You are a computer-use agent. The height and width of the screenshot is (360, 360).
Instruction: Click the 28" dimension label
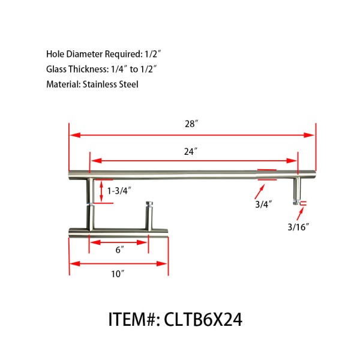(191, 124)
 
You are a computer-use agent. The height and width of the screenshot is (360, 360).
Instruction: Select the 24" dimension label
(191, 152)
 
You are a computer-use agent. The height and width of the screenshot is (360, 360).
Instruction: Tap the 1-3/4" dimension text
(119, 190)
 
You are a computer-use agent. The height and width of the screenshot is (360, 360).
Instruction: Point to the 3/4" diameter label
(263, 204)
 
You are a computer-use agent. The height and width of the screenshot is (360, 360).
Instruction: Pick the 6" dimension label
(119, 250)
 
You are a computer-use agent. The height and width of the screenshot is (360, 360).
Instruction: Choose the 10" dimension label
(118, 274)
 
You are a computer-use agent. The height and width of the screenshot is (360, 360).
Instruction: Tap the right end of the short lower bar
(166, 231)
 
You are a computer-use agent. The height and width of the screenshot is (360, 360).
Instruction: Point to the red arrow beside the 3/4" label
(259, 191)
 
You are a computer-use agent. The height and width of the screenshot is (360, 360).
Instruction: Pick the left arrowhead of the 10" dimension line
(74, 263)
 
